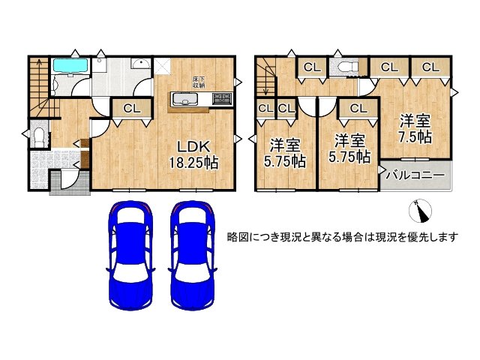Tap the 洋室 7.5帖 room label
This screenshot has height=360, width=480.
coord(415,129)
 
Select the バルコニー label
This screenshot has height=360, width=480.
coord(415,175)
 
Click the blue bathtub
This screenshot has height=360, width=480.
coord(71,66)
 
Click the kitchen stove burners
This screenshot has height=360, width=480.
coord(223,98)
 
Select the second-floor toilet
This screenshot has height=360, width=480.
coord(348,67)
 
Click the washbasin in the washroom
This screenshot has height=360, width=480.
coord(140,64)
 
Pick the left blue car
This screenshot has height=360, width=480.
coord(130,256)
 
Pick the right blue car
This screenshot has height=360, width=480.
coord(193,256)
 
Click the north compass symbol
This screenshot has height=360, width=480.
coord(421,211)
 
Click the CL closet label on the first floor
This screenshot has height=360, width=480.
coord(132,108)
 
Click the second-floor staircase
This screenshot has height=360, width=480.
coord(266,77)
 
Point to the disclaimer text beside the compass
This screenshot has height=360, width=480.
coord(342,237)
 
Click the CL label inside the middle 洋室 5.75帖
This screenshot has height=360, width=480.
coord(358,108)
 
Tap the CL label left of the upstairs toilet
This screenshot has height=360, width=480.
coord(312,67)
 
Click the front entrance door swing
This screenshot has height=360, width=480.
coord(68,181)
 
